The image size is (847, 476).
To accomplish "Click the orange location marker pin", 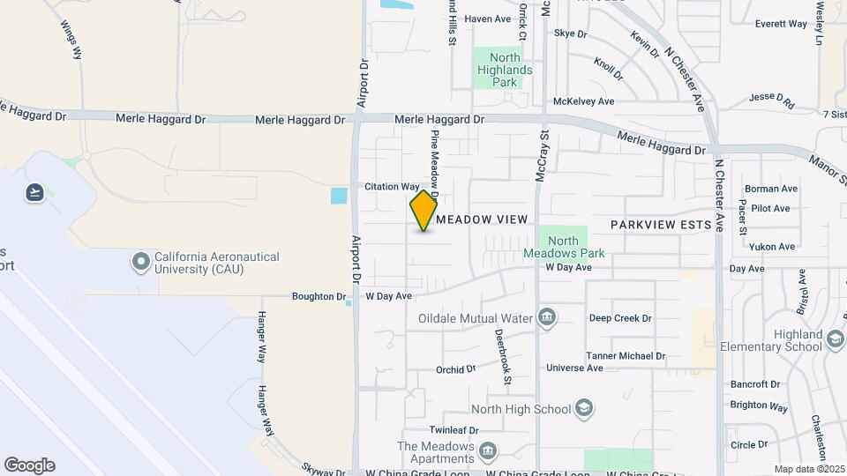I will (x=423, y=211).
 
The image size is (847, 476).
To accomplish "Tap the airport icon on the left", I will (x=35, y=191).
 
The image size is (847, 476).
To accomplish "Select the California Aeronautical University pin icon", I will (x=140, y=262).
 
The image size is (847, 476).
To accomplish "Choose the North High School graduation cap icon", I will (x=582, y=408).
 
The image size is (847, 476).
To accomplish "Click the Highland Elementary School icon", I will (x=834, y=340).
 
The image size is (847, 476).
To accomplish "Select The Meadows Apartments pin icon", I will (x=487, y=452).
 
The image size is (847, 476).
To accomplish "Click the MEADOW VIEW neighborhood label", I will (x=482, y=219).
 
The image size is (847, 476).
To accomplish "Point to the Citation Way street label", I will (x=393, y=187).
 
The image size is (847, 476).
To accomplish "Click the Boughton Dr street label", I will (x=319, y=297).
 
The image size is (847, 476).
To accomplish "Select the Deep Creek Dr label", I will (x=620, y=318).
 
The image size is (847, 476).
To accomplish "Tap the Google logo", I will (x=29, y=465).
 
